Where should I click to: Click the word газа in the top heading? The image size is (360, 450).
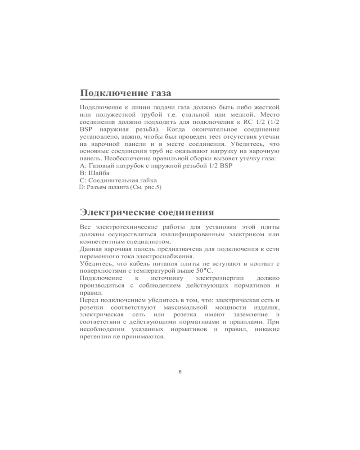[x=158, y=93]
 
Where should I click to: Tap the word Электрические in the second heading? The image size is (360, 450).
[x=117, y=212]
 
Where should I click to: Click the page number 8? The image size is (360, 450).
[x=180, y=371]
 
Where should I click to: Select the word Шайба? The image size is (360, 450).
[x=99, y=173]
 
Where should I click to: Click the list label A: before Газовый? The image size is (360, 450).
[x=82, y=166]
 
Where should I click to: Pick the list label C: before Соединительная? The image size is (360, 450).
[x=82, y=180]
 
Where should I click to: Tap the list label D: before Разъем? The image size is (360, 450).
[x=82, y=187]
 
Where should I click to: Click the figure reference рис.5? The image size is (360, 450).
[x=152, y=187]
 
